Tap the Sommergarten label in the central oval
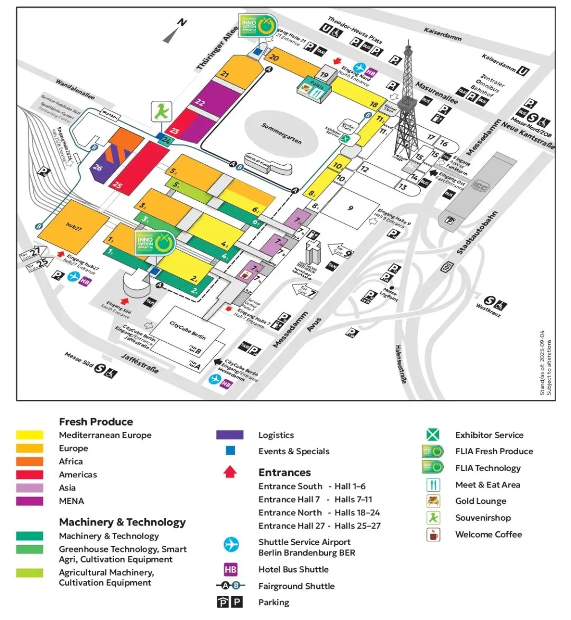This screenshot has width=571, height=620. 282,133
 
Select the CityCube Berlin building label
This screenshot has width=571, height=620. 188,330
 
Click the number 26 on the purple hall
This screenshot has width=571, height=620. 98,167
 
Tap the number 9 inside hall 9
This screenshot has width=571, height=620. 350,208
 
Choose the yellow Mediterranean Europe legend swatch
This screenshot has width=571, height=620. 30,435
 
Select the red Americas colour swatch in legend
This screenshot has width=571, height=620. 30,475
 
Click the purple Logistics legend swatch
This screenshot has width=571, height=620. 230,435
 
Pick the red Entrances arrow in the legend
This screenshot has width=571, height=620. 230,472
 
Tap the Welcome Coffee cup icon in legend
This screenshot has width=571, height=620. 433,534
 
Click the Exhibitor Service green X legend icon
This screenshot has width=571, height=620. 433,435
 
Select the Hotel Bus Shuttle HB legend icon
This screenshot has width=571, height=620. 231,569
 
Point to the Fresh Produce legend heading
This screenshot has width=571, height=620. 96,421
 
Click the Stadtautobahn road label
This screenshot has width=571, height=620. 477,233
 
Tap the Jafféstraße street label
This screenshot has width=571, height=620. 140,364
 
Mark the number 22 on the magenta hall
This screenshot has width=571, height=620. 200,101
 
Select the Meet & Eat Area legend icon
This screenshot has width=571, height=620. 433,485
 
